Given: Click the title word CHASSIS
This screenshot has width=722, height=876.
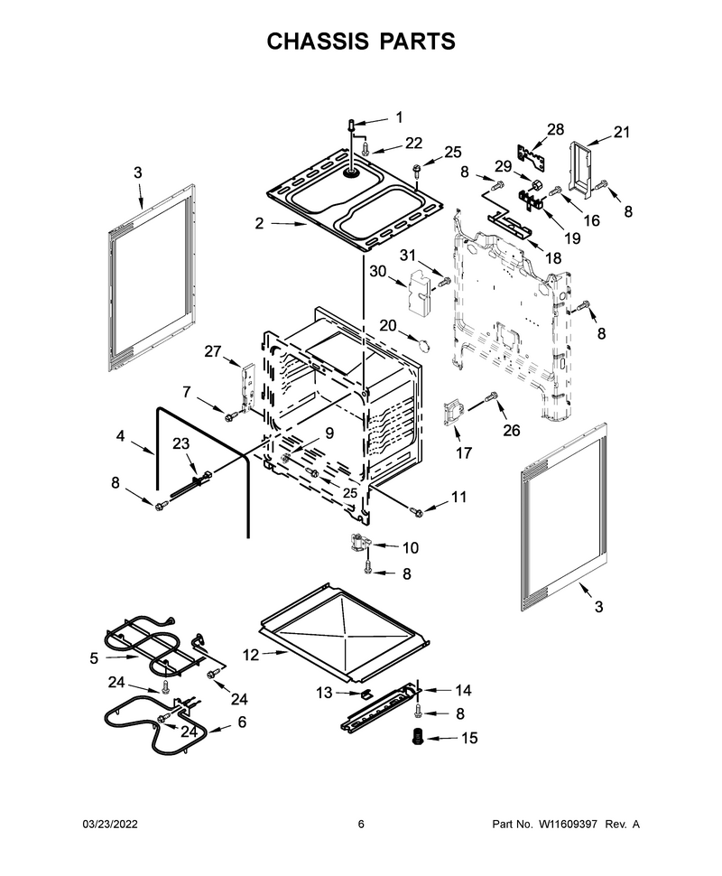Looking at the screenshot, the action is click(x=317, y=42).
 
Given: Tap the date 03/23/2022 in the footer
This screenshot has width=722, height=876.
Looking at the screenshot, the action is click(x=110, y=824).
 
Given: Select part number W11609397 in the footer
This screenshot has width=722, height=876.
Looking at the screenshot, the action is click(x=568, y=824).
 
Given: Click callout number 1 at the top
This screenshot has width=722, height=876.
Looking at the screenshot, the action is click(x=399, y=117).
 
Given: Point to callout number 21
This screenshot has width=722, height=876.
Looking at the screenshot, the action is click(x=622, y=132).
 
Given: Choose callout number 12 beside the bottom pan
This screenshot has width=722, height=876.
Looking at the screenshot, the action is click(x=251, y=654).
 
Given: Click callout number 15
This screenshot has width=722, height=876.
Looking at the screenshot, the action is click(x=469, y=738).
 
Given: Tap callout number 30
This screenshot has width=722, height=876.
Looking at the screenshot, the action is click(x=378, y=272).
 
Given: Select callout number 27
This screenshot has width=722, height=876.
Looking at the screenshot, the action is click(x=213, y=351).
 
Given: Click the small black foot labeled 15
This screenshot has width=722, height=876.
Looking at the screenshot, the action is click(x=416, y=737).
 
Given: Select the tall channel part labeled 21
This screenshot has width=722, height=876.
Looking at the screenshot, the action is click(x=580, y=163).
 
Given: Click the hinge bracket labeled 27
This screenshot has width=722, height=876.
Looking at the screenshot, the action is click(x=248, y=385).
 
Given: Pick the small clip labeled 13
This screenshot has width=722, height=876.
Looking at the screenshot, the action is click(x=366, y=694).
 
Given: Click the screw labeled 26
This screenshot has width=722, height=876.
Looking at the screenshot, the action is click(x=491, y=396).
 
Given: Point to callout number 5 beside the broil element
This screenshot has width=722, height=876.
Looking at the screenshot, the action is click(x=95, y=658).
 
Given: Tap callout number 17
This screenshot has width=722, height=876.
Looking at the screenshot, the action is click(x=464, y=452).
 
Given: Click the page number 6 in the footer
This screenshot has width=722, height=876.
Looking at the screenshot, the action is click(x=361, y=824).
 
